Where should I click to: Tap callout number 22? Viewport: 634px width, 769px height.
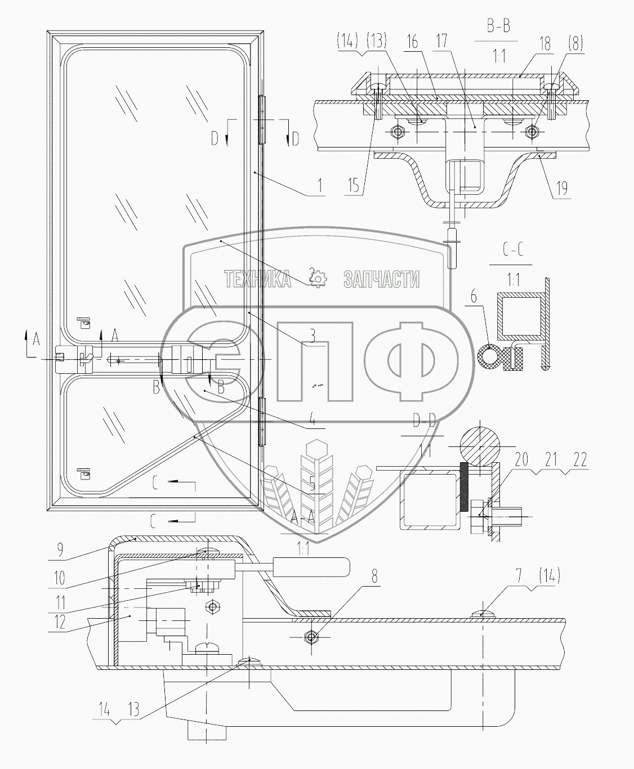[581, 460]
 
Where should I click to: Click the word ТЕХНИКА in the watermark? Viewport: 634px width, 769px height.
[257, 278]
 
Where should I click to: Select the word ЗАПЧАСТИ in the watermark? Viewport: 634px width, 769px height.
[382, 278]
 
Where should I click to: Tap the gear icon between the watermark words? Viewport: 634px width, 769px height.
[319, 278]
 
